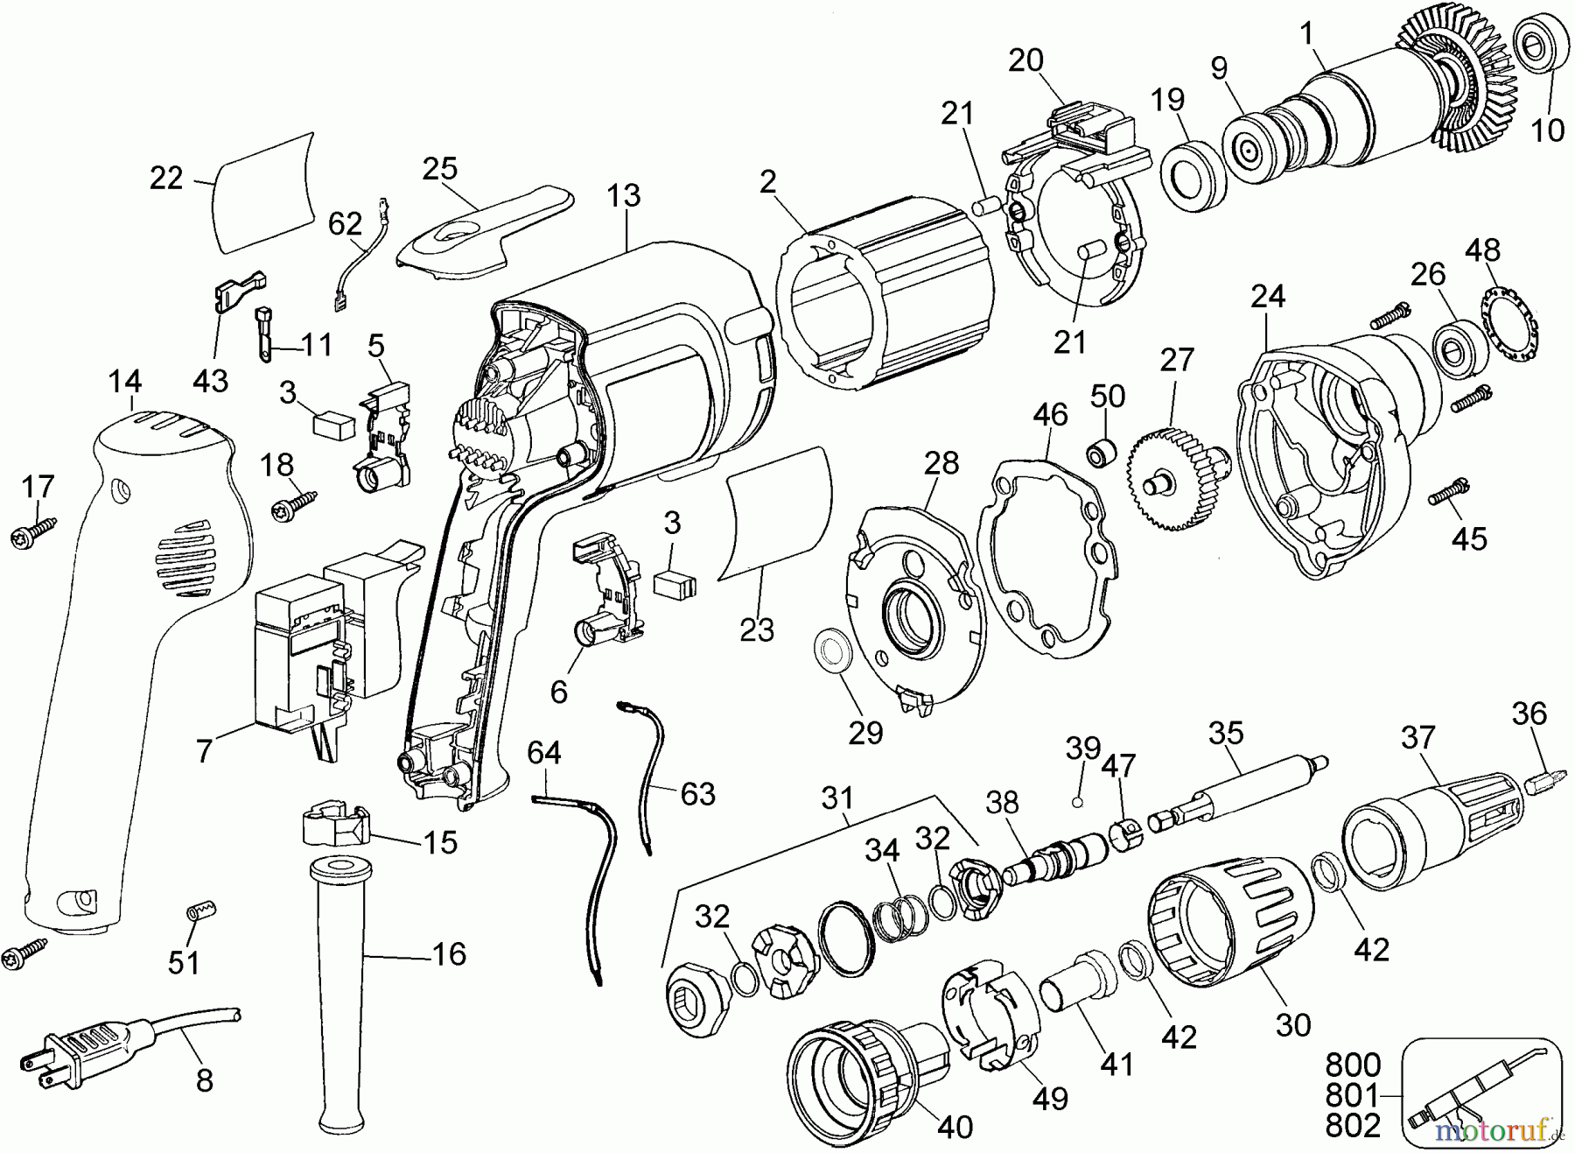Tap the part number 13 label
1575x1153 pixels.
(x=624, y=196)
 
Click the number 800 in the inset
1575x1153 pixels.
(x=1353, y=1065)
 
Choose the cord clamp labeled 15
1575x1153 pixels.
(x=336, y=824)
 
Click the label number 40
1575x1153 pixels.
(x=955, y=1127)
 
